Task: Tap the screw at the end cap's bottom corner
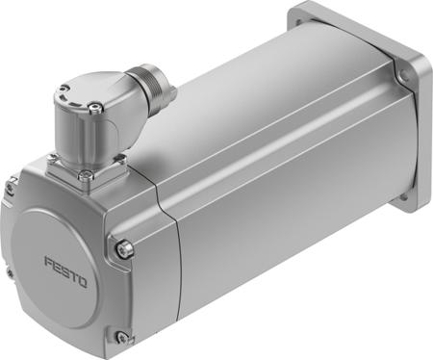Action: pos(121,336)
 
